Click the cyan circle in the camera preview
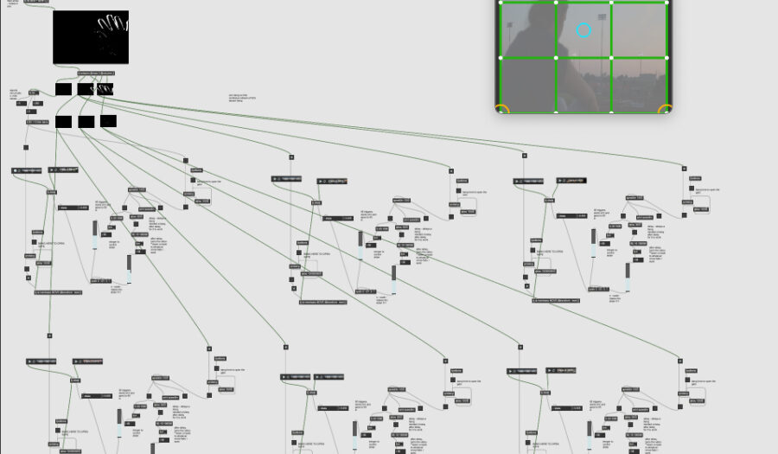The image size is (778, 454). click(583, 31)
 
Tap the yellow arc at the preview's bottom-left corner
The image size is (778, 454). click(502, 109)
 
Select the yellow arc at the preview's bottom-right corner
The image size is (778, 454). click(666, 109)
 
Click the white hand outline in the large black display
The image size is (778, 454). click(111, 33)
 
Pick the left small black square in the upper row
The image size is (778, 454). click(63, 89)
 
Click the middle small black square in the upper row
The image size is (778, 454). click(85, 89)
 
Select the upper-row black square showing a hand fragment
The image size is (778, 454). click(105, 89)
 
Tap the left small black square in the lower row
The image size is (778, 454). click(63, 122)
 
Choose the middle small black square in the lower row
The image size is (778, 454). click(86, 122)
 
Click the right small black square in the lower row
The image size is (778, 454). click(108, 121)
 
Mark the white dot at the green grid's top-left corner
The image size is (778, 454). click(501, 3)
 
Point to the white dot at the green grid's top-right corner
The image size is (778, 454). click(667, 3)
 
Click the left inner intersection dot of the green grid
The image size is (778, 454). click(556, 58)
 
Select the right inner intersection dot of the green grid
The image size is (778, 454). click(612, 58)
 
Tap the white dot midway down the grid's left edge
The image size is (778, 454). click(501, 58)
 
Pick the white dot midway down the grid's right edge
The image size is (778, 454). click(667, 58)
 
